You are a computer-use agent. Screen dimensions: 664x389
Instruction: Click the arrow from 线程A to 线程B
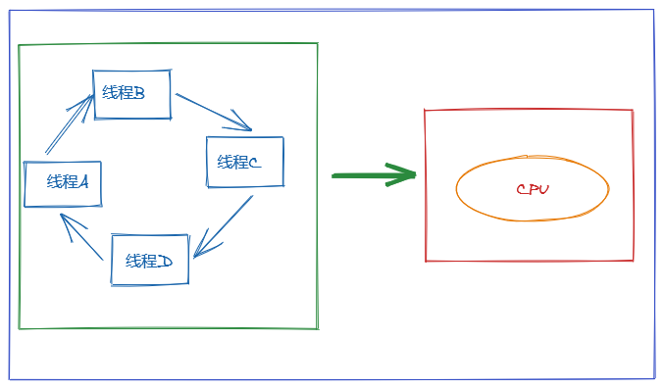69,123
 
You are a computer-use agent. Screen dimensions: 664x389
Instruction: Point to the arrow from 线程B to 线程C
214,112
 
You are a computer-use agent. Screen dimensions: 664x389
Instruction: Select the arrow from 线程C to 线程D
224,226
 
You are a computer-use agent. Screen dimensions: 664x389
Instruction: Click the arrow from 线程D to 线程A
81,236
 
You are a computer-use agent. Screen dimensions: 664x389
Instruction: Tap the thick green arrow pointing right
374,174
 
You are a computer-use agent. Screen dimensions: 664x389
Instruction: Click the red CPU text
533,189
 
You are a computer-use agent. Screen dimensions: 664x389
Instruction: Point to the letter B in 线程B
139,93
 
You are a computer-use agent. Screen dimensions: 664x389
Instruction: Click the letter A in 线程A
83,182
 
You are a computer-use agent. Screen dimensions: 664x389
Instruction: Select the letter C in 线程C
255,162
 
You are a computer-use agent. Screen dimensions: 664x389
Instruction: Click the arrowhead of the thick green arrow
401,174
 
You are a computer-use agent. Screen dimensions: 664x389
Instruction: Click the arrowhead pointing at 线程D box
205,245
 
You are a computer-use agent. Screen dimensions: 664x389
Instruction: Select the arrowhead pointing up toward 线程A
72,226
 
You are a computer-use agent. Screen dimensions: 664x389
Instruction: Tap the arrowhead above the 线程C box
238,122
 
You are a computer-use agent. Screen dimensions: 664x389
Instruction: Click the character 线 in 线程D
132,261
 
